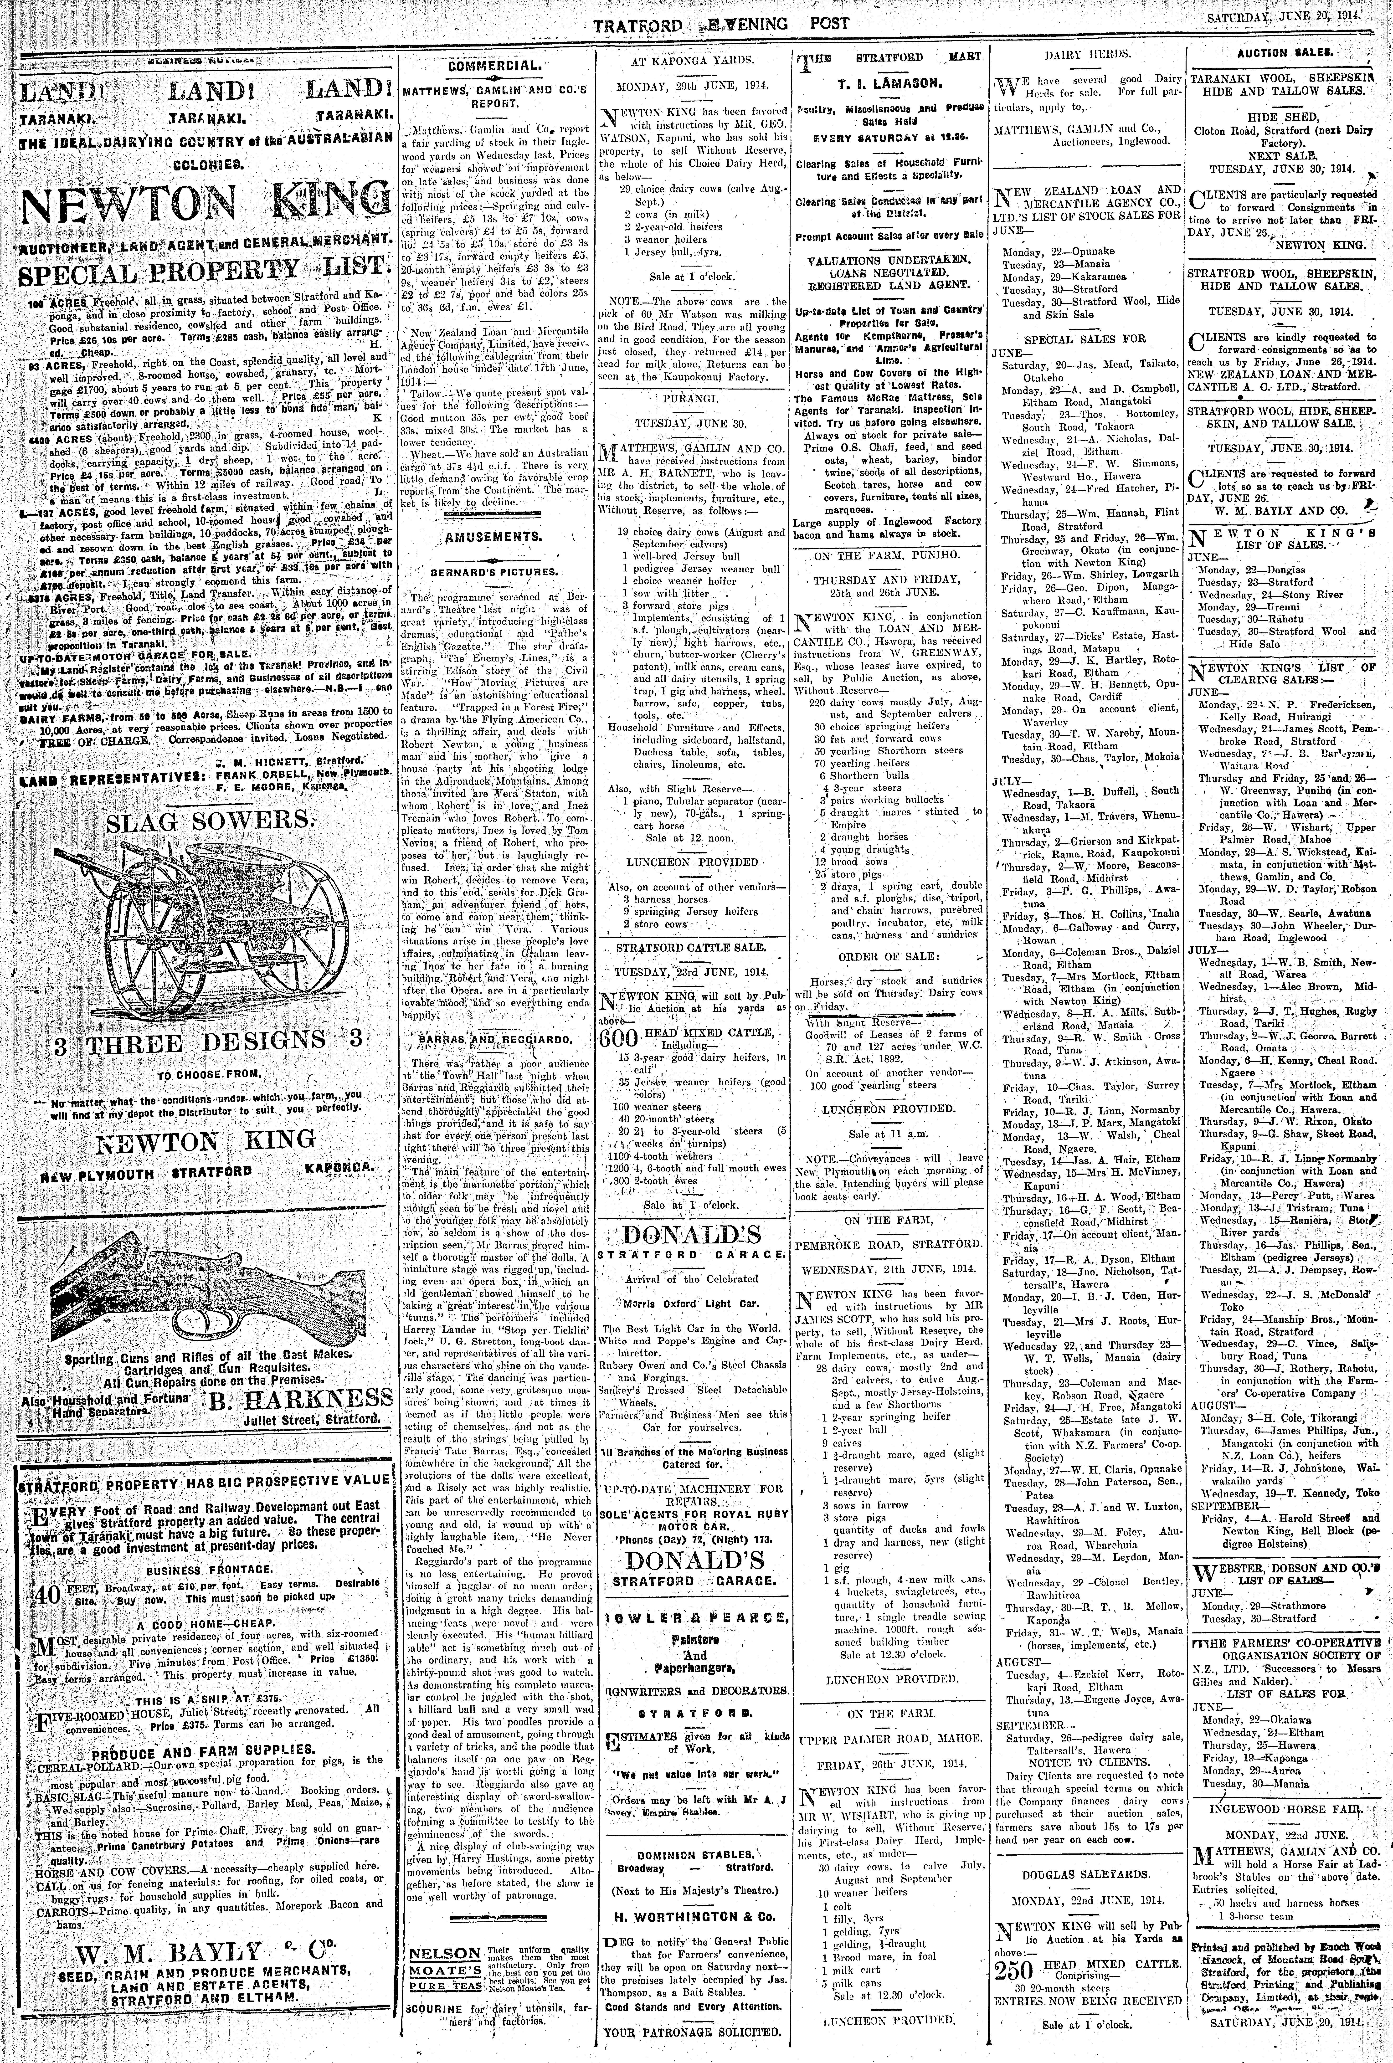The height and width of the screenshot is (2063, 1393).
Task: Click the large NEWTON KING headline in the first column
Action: tap(204, 201)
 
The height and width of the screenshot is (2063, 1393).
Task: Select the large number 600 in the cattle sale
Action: tap(619, 1040)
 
